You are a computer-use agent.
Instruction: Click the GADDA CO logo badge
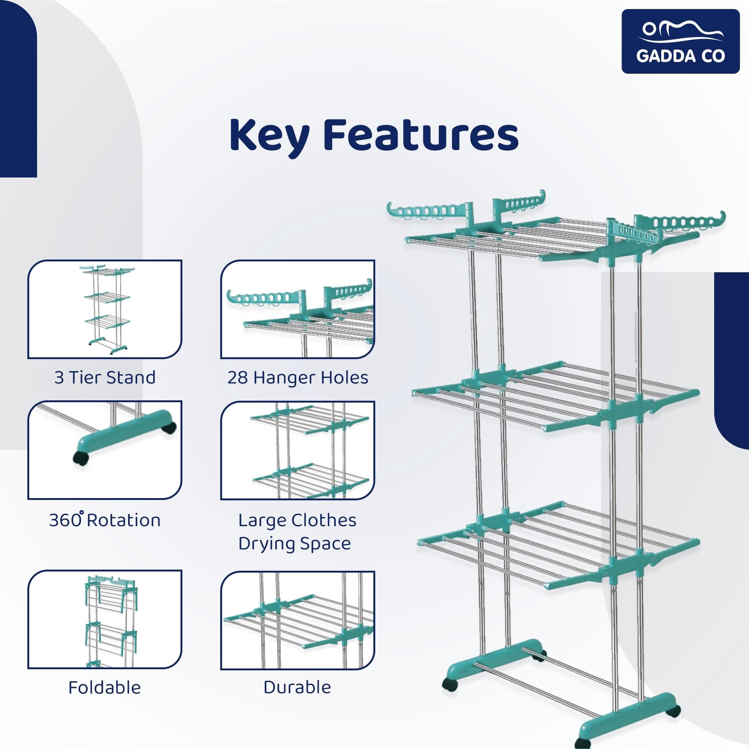[680, 42]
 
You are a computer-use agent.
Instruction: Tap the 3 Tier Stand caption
[105, 377]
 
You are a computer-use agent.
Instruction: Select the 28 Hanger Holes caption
[297, 377]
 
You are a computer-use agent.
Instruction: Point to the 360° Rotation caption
[105, 520]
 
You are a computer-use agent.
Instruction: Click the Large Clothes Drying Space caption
[297, 532]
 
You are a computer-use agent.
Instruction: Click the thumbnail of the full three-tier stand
[105, 309]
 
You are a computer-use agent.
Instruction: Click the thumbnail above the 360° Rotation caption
[105, 450]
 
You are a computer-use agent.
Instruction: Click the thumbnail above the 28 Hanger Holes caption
[297, 309]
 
